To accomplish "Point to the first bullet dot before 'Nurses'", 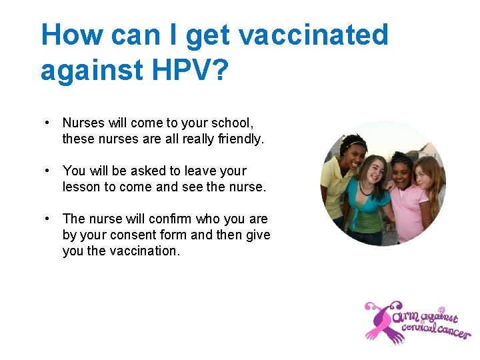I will click(x=48, y=123).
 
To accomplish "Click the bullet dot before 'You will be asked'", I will click(x=48, y=171).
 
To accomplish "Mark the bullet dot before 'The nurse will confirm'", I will click(x=48, y=219).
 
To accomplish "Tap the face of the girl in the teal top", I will click(x=374, y=169).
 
